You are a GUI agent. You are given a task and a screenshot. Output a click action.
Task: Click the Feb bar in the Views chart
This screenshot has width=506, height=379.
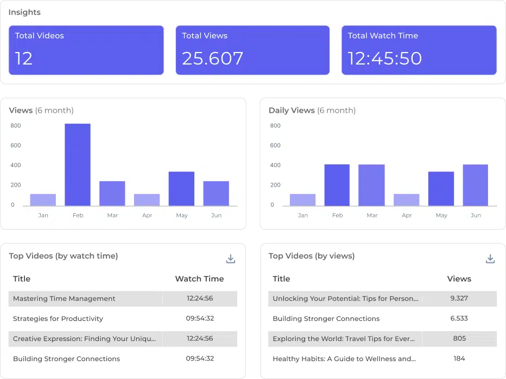coord(78,165)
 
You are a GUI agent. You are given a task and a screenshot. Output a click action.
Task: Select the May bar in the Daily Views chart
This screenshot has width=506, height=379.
coord(441,189)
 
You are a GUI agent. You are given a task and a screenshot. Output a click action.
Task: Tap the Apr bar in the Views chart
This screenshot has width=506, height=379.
coord(147,200)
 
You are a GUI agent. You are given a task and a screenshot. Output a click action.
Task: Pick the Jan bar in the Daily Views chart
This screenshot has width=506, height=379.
coord(302,200)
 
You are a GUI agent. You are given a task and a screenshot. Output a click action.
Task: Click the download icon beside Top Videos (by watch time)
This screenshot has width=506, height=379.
coord(231,259)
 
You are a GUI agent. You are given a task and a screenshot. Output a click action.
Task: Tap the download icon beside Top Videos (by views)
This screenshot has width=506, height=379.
coord(490,259)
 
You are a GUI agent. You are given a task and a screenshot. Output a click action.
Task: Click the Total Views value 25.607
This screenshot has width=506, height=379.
coord(213,59)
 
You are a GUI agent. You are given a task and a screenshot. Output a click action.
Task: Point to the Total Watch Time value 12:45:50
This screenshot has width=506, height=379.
coord(384,59)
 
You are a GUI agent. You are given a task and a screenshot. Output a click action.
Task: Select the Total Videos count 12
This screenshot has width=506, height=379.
coord(24,59)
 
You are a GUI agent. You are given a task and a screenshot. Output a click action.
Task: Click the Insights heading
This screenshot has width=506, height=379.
coord(24,12)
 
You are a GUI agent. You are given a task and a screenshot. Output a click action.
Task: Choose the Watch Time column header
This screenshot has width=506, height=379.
coord(199,279)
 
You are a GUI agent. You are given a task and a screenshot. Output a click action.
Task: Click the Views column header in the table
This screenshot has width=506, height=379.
coord(459,279)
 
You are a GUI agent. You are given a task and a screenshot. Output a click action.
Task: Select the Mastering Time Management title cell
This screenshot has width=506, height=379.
coord(64,299)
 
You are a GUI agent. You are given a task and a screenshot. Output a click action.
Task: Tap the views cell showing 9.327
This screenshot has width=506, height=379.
coord(459,298)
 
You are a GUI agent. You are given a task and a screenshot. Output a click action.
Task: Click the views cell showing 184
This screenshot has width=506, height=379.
coord(459,358)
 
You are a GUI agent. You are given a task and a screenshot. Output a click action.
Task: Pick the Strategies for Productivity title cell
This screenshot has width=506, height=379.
coord(58,319)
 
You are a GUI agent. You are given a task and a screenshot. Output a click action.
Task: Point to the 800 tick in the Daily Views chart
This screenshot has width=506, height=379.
coord(275,126)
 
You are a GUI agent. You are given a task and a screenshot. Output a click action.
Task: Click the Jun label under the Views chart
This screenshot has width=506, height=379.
coord(216,215)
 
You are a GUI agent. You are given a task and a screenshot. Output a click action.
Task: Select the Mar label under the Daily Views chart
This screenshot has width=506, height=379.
coord(372,215)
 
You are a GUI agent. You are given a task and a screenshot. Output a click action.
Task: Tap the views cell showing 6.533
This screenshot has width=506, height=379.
coord(459,318)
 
